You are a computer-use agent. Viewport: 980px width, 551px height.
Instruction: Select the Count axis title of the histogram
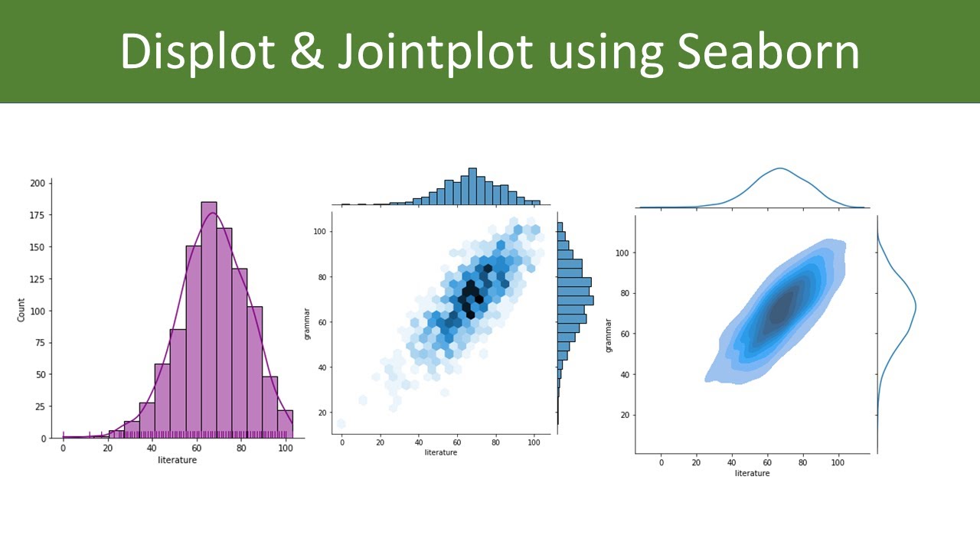pos(21,311)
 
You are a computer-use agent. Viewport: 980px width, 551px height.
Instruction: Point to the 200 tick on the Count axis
pos(37,184)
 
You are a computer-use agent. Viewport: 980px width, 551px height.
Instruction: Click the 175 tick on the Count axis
pos(37,215)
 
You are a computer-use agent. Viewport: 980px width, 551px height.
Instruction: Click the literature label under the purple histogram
pos(177,460)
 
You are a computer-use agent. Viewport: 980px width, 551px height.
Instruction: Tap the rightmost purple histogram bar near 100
pos(285,424)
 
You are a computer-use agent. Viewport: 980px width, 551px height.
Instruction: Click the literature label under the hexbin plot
pos(440,452)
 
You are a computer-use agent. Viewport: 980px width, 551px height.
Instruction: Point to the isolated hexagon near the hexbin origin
pos(341,423)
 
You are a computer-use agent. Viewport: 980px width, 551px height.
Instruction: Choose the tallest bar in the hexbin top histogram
pos(472,187)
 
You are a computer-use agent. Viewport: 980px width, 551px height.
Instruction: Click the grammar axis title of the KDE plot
pos(609,334)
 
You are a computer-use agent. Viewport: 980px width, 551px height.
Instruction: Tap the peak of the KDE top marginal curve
pos(779,168)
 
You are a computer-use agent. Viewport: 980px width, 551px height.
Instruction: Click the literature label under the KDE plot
pos(752,473)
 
